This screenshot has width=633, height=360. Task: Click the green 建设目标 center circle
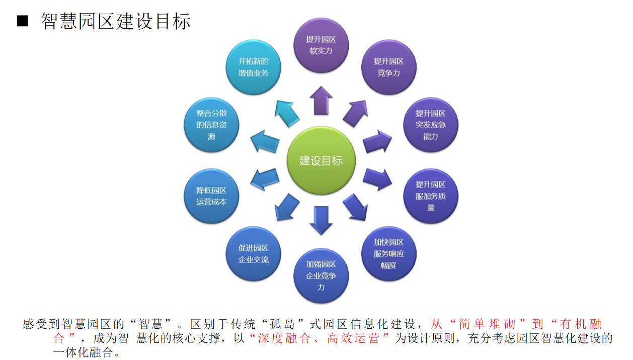(x=321, y=160)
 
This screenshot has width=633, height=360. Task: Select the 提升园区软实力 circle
(x=321, y=45)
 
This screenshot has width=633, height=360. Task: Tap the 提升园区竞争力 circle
(x=389, y=67)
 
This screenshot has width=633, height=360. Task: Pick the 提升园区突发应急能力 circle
(x=431, y=125)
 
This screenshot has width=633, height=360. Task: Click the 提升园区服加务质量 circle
(x=431, y=196)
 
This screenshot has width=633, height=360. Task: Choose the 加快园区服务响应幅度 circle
(x=389, y=254)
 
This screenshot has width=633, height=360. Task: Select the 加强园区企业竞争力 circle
(x=321, y=276)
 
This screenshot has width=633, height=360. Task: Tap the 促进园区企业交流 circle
(x=253, y=254)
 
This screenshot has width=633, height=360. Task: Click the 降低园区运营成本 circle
(x=211, y=196)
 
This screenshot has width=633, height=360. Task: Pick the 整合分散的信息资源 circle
(x=211, y=125)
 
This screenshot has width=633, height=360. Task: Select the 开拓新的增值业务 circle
(x=253, y=67)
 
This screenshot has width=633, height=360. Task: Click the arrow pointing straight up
(x=321, y=101)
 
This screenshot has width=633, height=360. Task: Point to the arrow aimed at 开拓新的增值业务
(x=286, y=113)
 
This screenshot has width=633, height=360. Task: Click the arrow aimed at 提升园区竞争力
(x=356, y=113)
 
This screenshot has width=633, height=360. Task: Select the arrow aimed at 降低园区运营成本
(x=265, y=179)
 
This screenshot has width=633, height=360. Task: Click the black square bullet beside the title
(x=22, y=21)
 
